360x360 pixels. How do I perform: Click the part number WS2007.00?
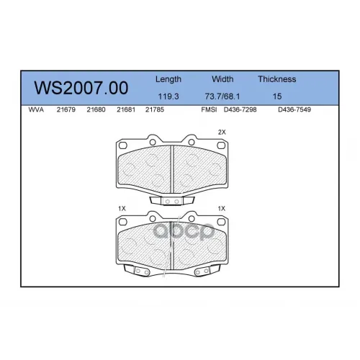(x=81, y=88)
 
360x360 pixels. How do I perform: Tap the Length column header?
(x=168, y=79)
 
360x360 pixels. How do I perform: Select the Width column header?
(x=222, y=79)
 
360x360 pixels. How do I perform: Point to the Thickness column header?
(x=277, y=79)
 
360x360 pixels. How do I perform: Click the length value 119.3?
(x=168, y=96)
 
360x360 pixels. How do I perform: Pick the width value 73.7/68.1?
(x=222, y=96)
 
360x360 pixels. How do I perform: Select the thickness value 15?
(x=277, y=96)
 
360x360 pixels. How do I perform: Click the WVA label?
(x=36, y=109)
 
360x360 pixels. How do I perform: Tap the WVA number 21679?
(x=66, y=109)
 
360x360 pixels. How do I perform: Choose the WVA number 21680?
(x=96, y=109)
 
